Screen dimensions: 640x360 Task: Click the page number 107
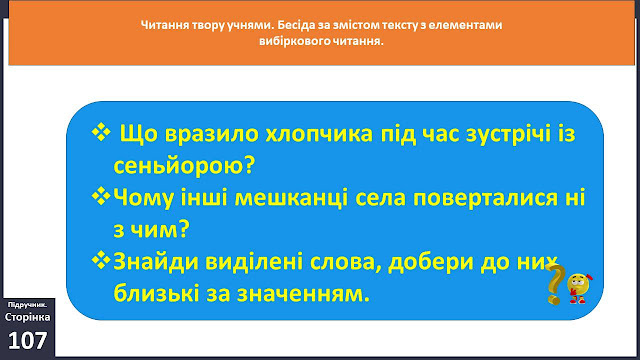pos(27,340)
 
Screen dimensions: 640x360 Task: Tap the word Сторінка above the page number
pos(27,317)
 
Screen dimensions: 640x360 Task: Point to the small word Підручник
pos(27,305)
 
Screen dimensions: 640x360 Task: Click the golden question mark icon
pos(555,284)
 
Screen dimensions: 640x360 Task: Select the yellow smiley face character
pos(579,288)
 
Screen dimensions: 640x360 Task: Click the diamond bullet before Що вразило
pos(101,132)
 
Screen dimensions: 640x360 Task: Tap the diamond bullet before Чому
pos(101,196)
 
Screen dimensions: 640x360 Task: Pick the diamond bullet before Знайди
pos(101,260)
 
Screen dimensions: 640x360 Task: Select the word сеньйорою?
pos(184,166)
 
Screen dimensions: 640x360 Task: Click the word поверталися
pos(485,198)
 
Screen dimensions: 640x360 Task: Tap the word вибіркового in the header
pos(291,42)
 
